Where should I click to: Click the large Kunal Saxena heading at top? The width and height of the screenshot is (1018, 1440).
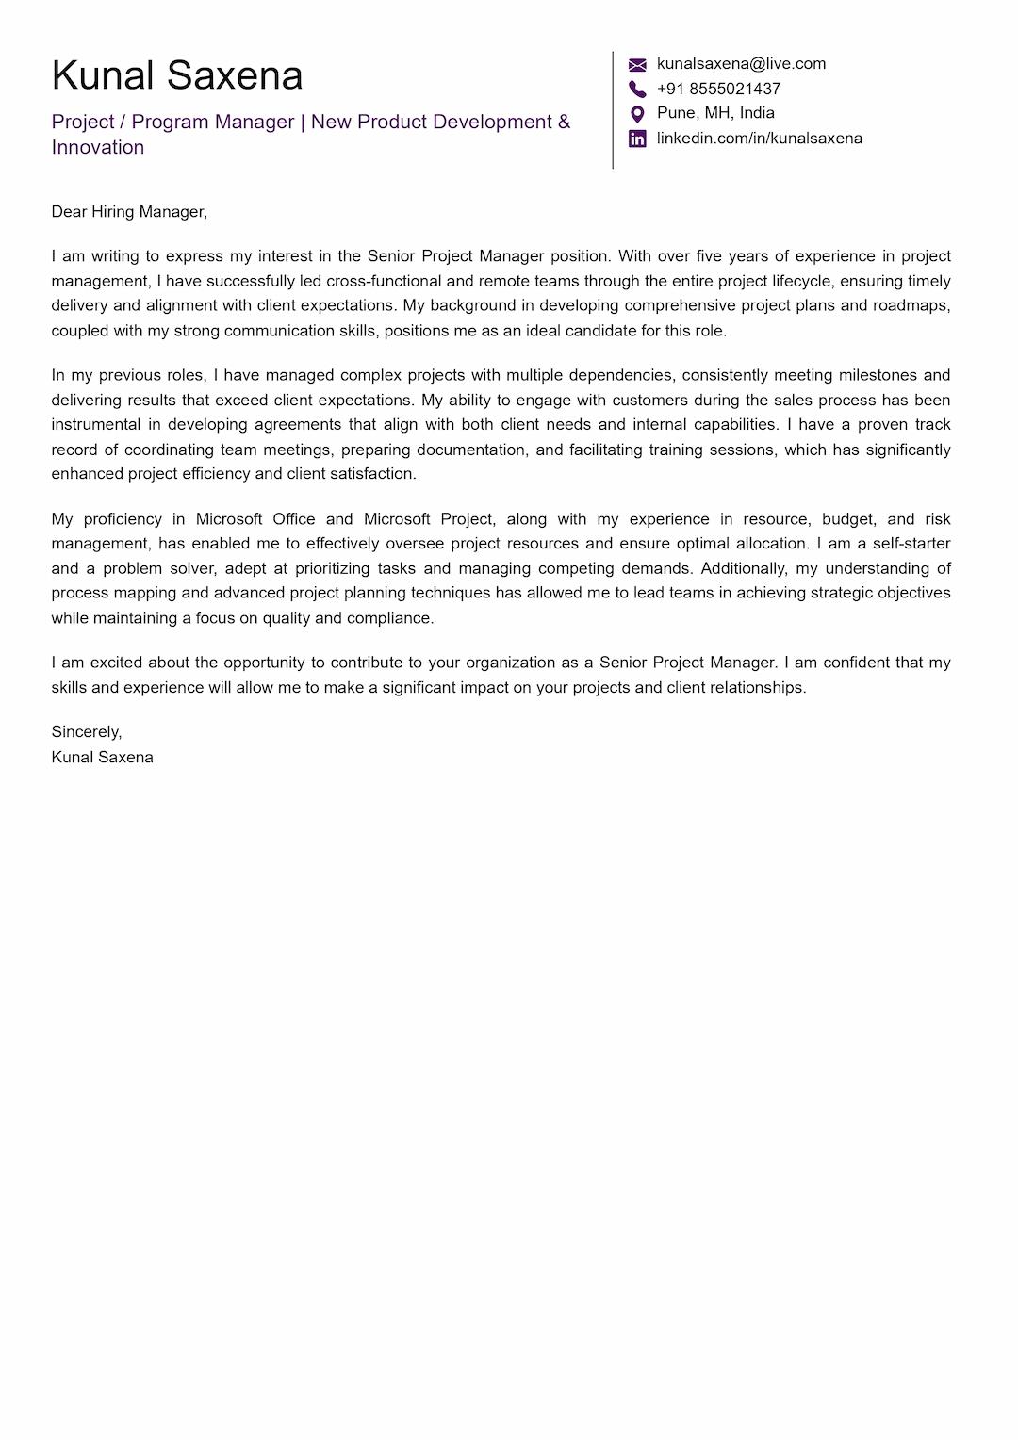click(177, 75)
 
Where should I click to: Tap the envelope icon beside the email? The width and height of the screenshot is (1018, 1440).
click(637, 64)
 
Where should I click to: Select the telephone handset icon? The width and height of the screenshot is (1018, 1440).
click(637, 89)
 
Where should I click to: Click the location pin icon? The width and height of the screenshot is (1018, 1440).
click(637, 114)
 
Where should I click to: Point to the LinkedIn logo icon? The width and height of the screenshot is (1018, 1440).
click(637, 139)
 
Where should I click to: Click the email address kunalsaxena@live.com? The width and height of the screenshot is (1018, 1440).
click(741, 64)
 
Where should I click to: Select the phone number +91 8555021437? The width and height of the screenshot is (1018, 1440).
click(718, 89)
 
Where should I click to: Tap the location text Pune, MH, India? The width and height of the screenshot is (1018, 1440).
click(715, 113)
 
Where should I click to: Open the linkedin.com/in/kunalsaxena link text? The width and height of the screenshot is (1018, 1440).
click(759, 139)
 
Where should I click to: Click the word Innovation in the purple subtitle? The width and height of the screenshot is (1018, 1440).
click(98, 147)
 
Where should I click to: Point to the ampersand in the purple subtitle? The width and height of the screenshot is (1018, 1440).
click(564, 122)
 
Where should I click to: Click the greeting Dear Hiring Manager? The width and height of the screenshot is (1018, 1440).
click(129, 212)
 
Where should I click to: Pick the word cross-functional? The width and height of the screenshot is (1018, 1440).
click(384, 281)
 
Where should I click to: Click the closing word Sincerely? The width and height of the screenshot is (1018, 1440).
click(86, 732)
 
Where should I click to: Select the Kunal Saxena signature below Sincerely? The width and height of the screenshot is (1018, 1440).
click(102, 758)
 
